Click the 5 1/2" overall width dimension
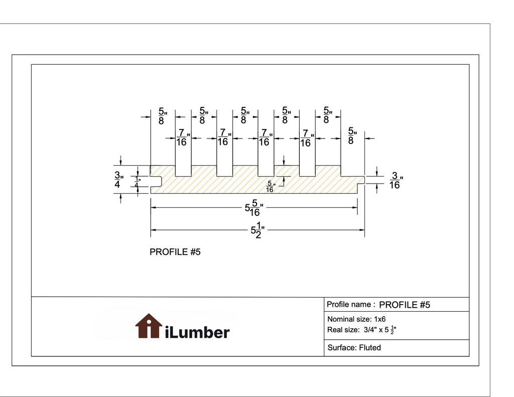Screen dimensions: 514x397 pos(258,230)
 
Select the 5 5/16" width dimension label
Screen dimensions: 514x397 pos(254,208)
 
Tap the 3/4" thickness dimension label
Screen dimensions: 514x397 pos(118,180)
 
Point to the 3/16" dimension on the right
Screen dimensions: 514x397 pos(396,180)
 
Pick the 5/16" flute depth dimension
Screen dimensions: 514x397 pos(270,187)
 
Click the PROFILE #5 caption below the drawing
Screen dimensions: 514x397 pos(175,252)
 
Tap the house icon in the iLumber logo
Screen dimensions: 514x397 pos(149,326)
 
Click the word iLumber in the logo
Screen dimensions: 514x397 pos(197,332)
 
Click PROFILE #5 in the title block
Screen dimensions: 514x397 pos(405,305)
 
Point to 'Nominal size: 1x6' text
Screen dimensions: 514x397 pos(356,319)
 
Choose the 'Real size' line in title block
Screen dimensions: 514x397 pos(361,330)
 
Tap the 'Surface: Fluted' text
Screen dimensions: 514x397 pos(354,347)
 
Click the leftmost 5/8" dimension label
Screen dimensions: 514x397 pos(163,116)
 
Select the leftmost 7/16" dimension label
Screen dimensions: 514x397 pos(183,138)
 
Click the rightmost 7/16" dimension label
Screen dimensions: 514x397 pos(307,138)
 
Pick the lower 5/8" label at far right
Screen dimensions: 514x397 pos(352,136)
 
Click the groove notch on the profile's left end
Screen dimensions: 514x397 pos(156,181)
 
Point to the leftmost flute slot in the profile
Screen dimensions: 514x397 pos(183,171)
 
